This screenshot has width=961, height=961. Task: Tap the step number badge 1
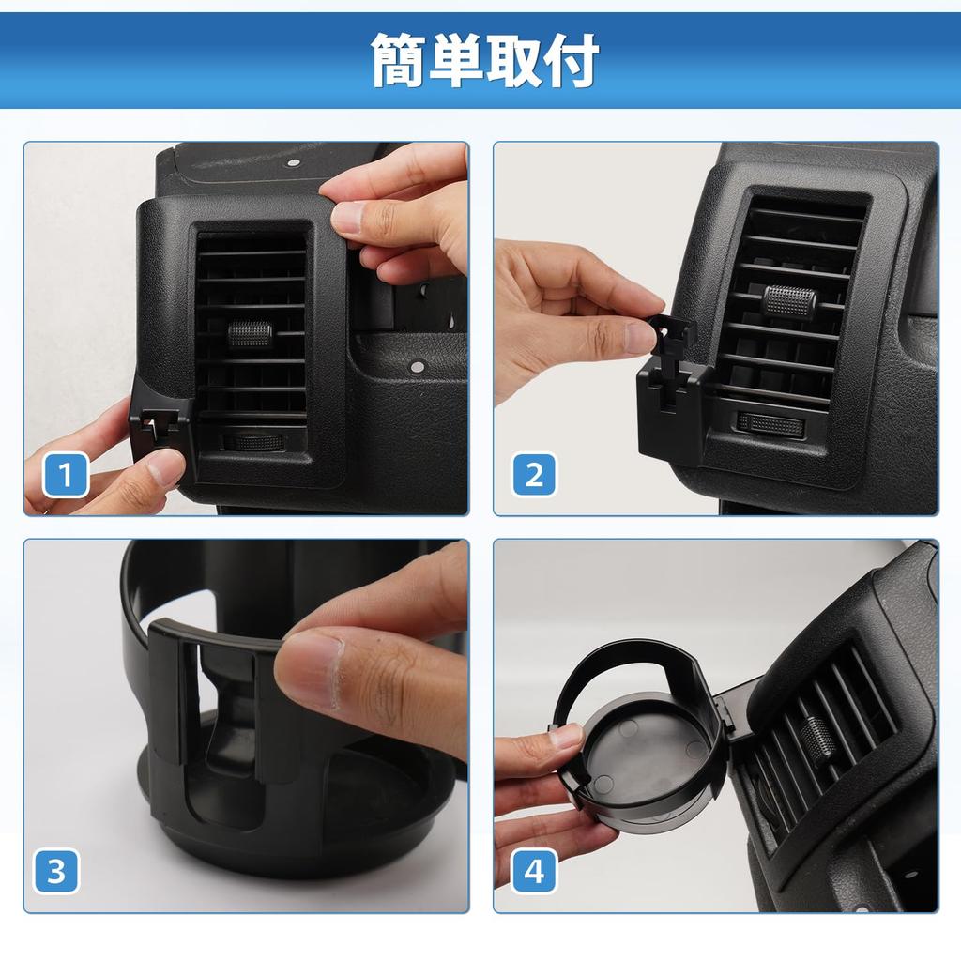[x=66, y=475]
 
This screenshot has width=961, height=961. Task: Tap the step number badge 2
[x=534, y=475]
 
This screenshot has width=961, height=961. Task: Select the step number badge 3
[x=56, y=871]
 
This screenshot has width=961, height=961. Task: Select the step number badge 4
[x=534, y=871]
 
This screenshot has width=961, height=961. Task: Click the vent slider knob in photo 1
[x=250, y=333]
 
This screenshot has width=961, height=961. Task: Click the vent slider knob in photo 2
[x=789, y=301]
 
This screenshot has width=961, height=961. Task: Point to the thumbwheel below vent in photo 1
[x=251, y=442]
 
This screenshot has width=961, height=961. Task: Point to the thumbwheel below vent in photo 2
[x=771, y=424]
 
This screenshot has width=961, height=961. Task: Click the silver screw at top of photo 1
[x=293, y=162]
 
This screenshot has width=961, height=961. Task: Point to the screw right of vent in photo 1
[x=413, y=363]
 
